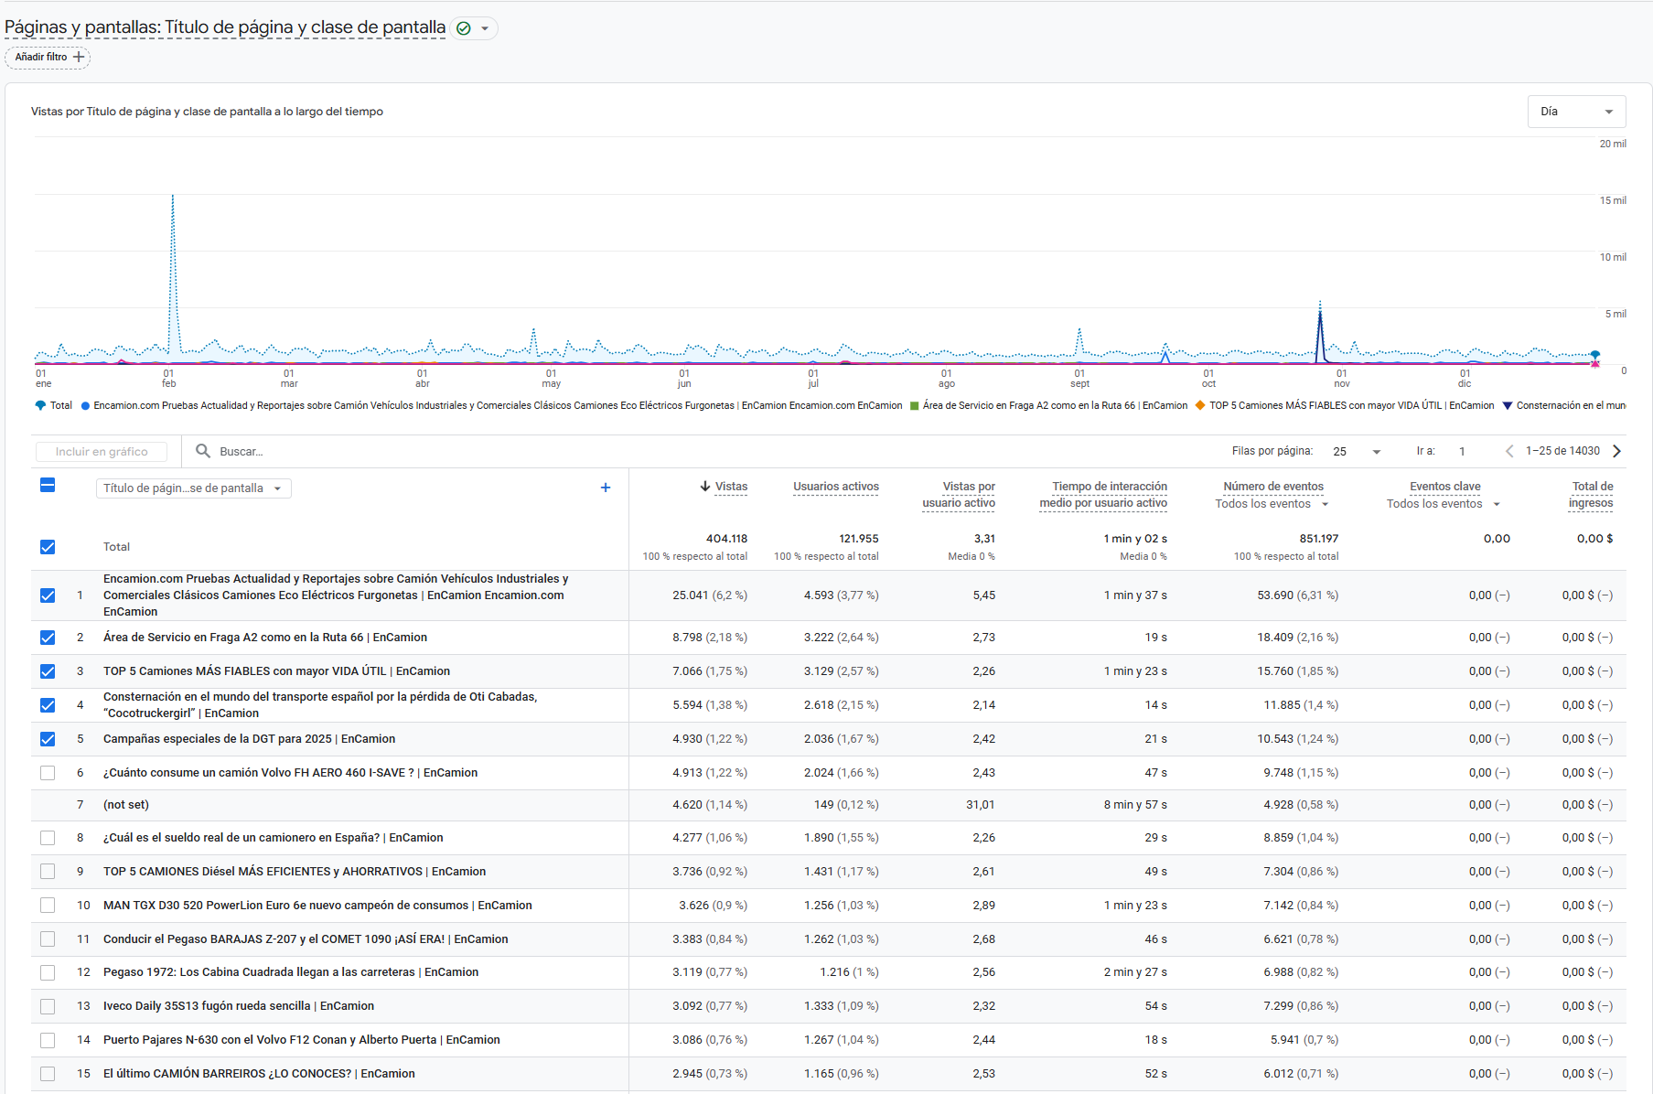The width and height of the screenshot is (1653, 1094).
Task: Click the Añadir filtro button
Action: tap(48, 57)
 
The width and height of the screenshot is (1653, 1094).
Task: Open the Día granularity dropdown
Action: tap(1575, 112)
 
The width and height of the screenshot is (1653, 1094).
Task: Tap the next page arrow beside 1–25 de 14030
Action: tap(1617, 451)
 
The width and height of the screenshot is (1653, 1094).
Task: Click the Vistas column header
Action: tap(730, 487)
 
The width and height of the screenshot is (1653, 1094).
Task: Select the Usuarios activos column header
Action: tap(835, 487)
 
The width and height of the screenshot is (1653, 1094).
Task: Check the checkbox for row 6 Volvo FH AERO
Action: tap(48, 773)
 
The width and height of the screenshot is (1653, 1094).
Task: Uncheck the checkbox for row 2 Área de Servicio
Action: tap(48, 638)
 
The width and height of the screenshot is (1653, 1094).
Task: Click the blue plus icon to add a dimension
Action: tap(605, 488)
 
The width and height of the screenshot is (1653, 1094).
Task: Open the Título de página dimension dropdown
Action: tap(193, 488)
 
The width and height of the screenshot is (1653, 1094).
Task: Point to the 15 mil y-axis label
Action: tap(1612, 200)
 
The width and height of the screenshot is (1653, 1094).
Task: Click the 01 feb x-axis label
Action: tap(169, 378)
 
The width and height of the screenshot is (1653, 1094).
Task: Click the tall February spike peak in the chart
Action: tap(173, 197)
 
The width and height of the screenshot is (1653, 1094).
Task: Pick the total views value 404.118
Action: tap(726, 539)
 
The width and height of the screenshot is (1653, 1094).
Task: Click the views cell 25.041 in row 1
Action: tap(691, 595)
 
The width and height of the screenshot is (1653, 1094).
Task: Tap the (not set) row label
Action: tap(126, 805)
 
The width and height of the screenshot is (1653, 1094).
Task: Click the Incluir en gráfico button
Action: tap(102, 451)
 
